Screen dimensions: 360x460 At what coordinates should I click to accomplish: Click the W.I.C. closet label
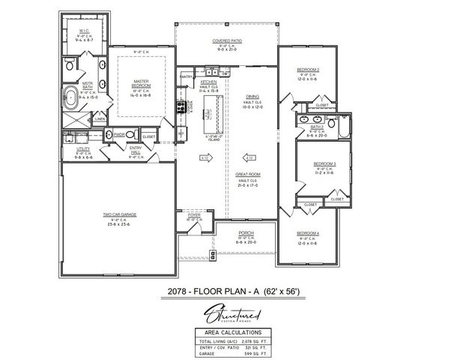[84, 31]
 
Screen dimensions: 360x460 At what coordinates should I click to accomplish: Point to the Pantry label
[187, 76]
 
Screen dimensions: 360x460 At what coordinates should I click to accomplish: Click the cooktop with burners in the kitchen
[181, 107]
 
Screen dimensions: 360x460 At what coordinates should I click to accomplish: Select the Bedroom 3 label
[324, 163]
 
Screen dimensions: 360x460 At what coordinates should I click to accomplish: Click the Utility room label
[83, 149]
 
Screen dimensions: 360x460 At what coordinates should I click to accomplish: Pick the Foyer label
[193, 214]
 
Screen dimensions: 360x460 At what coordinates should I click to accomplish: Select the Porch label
[246, 232]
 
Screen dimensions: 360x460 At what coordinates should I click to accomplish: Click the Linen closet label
[100, 118]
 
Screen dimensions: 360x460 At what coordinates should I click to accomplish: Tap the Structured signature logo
[229, 309]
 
